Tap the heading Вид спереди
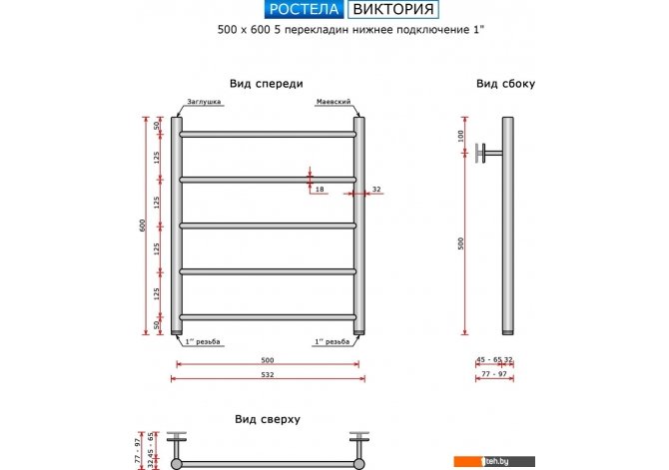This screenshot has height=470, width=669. pyautogui.click(x=266, y=84)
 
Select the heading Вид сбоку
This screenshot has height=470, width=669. pyautogui.click(x=505, y=84)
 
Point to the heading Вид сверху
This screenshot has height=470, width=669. pyautogui.click(x=267, y=420)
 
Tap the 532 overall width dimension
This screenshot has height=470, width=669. pyautogui.click(x=267, y=375)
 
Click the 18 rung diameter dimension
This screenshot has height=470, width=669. pyautogui.click(x=320, y=189)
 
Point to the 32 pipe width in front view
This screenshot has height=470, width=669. pyautogui.click(x=376, y=189)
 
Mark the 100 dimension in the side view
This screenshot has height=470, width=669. pyautogui.click(x=462, y=135)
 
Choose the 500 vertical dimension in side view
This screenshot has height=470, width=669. pyautogui.click(x=462, y=244)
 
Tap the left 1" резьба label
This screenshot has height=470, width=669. pyautogui.click(x=203, y=342)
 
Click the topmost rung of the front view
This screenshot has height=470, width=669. pyautogui.click(x=268, y=133)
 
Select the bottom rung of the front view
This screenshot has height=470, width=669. pyautogui.click(x=268, y=317)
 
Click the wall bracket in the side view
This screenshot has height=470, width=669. pyautogui.click(x=486, y=153)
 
